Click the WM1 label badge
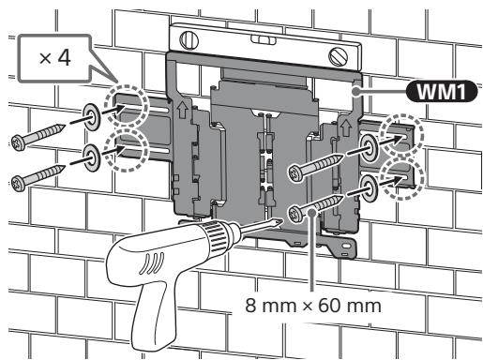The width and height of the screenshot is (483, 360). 441,91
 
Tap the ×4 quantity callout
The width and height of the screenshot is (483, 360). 54,58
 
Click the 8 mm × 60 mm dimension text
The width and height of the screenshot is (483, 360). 313,306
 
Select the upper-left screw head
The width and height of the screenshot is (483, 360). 19,143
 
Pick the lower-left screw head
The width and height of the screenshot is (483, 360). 19,183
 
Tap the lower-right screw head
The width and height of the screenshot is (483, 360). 295,214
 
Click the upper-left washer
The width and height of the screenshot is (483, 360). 91,116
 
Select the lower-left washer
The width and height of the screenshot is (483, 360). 91,157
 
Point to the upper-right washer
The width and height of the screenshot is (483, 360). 369,147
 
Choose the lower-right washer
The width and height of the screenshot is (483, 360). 369,188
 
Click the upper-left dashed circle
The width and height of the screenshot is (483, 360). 126,107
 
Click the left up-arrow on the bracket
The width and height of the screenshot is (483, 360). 182,111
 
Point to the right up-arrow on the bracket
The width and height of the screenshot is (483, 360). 346,127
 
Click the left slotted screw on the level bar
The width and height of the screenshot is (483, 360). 189,40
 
